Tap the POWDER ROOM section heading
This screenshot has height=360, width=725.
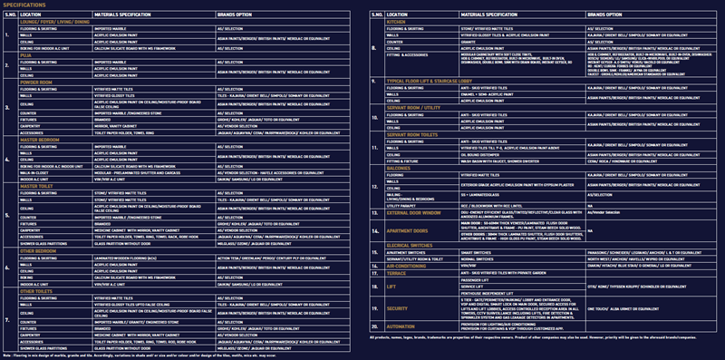click(x=37, y=81)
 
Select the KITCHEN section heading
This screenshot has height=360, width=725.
click(x=399, y=22)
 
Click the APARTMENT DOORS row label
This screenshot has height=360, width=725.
click(x=413, y=231)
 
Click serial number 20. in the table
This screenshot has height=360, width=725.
click(x=373, y=325)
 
